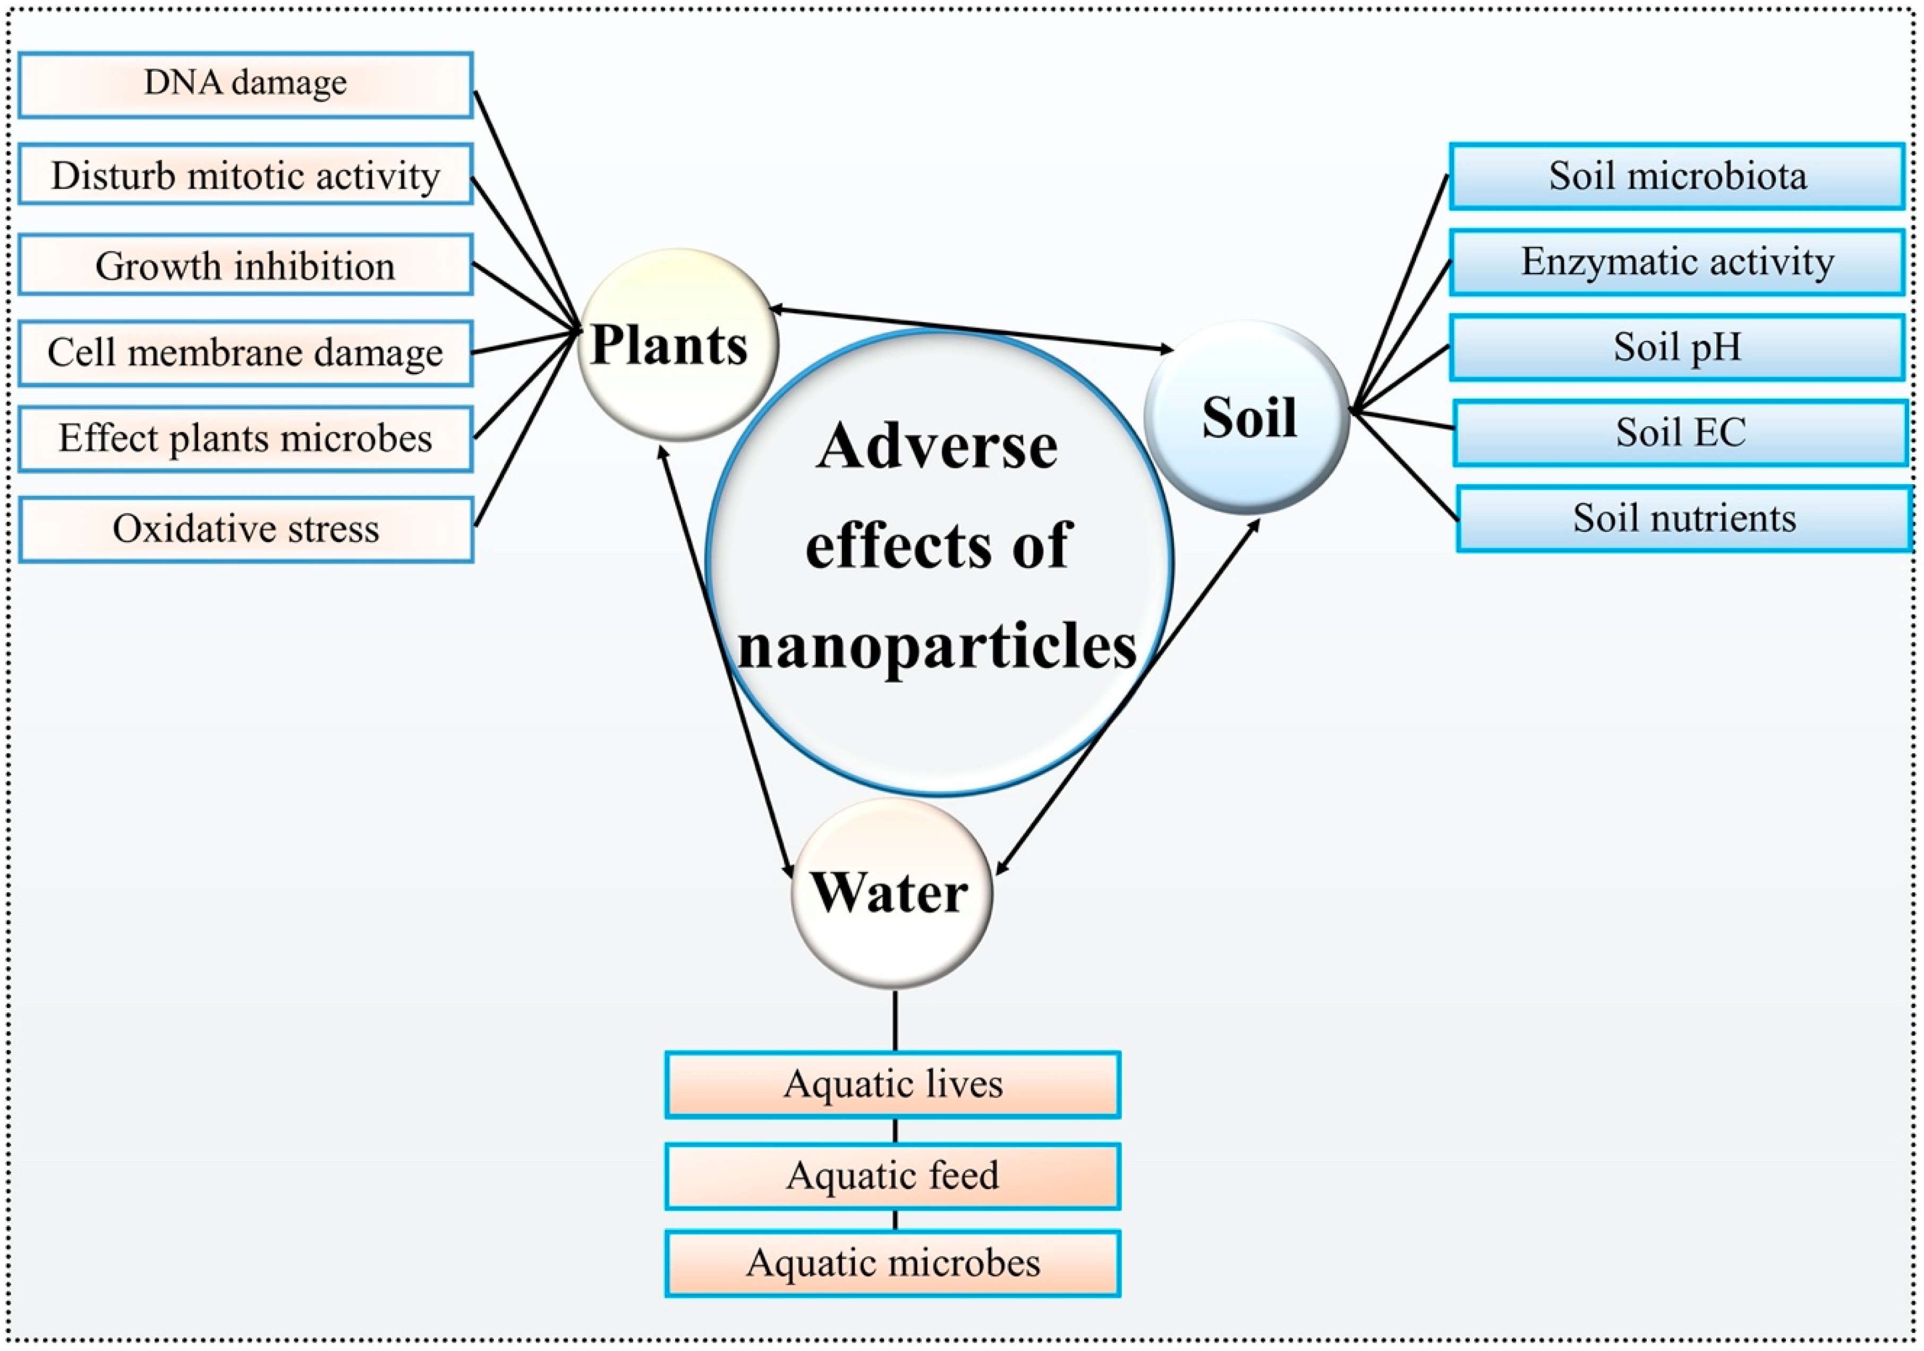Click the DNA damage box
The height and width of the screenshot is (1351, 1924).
point(245,84)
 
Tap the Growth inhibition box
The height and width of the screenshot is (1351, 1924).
point(245,265)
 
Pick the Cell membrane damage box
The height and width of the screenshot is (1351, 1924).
point(245,352)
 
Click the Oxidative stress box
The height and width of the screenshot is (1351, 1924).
point(245,529)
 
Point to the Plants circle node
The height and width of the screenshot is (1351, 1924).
point(678,344)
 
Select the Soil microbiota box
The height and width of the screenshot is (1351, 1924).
point(1677,176)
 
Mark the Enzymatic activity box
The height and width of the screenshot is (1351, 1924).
point(1677,262)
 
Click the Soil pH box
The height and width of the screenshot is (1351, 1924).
point(1677,347)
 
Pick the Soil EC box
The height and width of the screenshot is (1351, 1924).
point(1680,432)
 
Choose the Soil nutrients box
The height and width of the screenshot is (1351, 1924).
point(1683,518)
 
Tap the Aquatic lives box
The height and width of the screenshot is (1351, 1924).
point(892,1084)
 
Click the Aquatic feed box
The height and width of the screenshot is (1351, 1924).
point(892,1175)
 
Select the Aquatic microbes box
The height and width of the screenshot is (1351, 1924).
point(892,1262)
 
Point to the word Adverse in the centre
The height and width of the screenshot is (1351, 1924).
point(936,446)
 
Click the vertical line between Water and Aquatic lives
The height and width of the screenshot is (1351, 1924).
point(895,1020)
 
